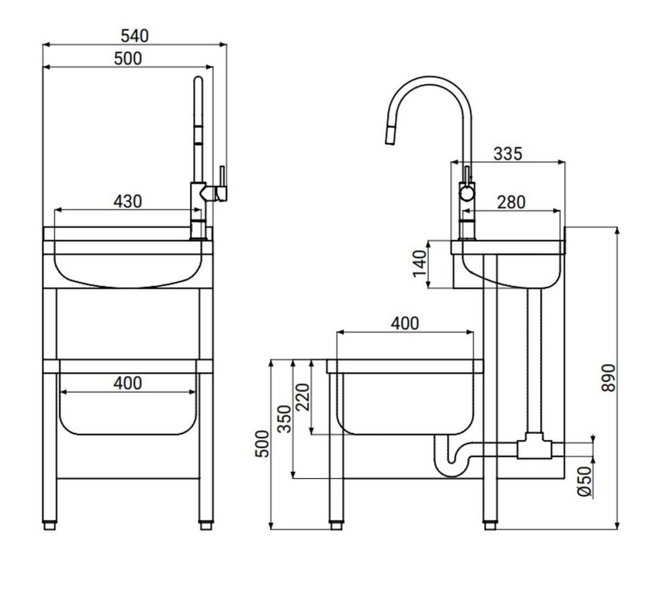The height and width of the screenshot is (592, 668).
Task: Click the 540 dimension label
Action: (134, 36)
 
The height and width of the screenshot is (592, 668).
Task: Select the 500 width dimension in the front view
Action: (128, 58)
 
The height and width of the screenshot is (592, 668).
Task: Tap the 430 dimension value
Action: (127, 201)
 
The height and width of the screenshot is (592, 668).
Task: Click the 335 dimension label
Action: (508, 154)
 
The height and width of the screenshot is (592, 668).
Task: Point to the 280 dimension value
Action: (511, 202)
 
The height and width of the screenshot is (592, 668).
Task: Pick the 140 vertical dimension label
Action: (420, 264)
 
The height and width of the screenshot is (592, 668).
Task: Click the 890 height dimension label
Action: (609, 377)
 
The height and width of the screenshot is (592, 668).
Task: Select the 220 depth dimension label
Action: (303, 397)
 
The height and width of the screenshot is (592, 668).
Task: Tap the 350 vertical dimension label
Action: (284, 419)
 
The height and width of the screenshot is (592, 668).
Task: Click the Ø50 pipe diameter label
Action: (585, 482)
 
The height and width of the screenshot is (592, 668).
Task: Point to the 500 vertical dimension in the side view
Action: (262, 444)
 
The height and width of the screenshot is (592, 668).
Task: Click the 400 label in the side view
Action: (404, 323)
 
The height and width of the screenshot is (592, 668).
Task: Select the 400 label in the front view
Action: (128, 383)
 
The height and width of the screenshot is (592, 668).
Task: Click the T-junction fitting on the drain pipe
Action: (534, 447)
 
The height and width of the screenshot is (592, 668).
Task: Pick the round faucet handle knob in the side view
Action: (466, 194)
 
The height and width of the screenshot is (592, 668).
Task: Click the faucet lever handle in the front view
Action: (222, 184)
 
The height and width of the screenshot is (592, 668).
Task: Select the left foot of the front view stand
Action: (50, 526)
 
